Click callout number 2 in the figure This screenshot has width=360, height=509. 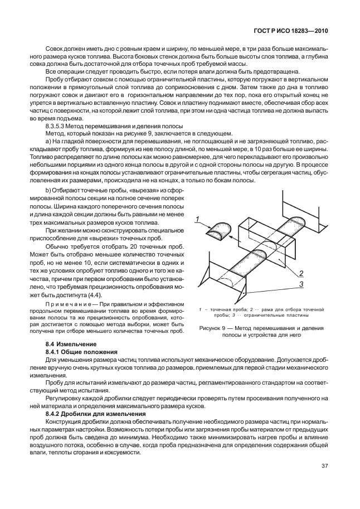[x=301, y=273]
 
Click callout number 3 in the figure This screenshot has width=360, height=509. [x=301, y=284]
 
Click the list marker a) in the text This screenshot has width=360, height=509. [x=48, y=144]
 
